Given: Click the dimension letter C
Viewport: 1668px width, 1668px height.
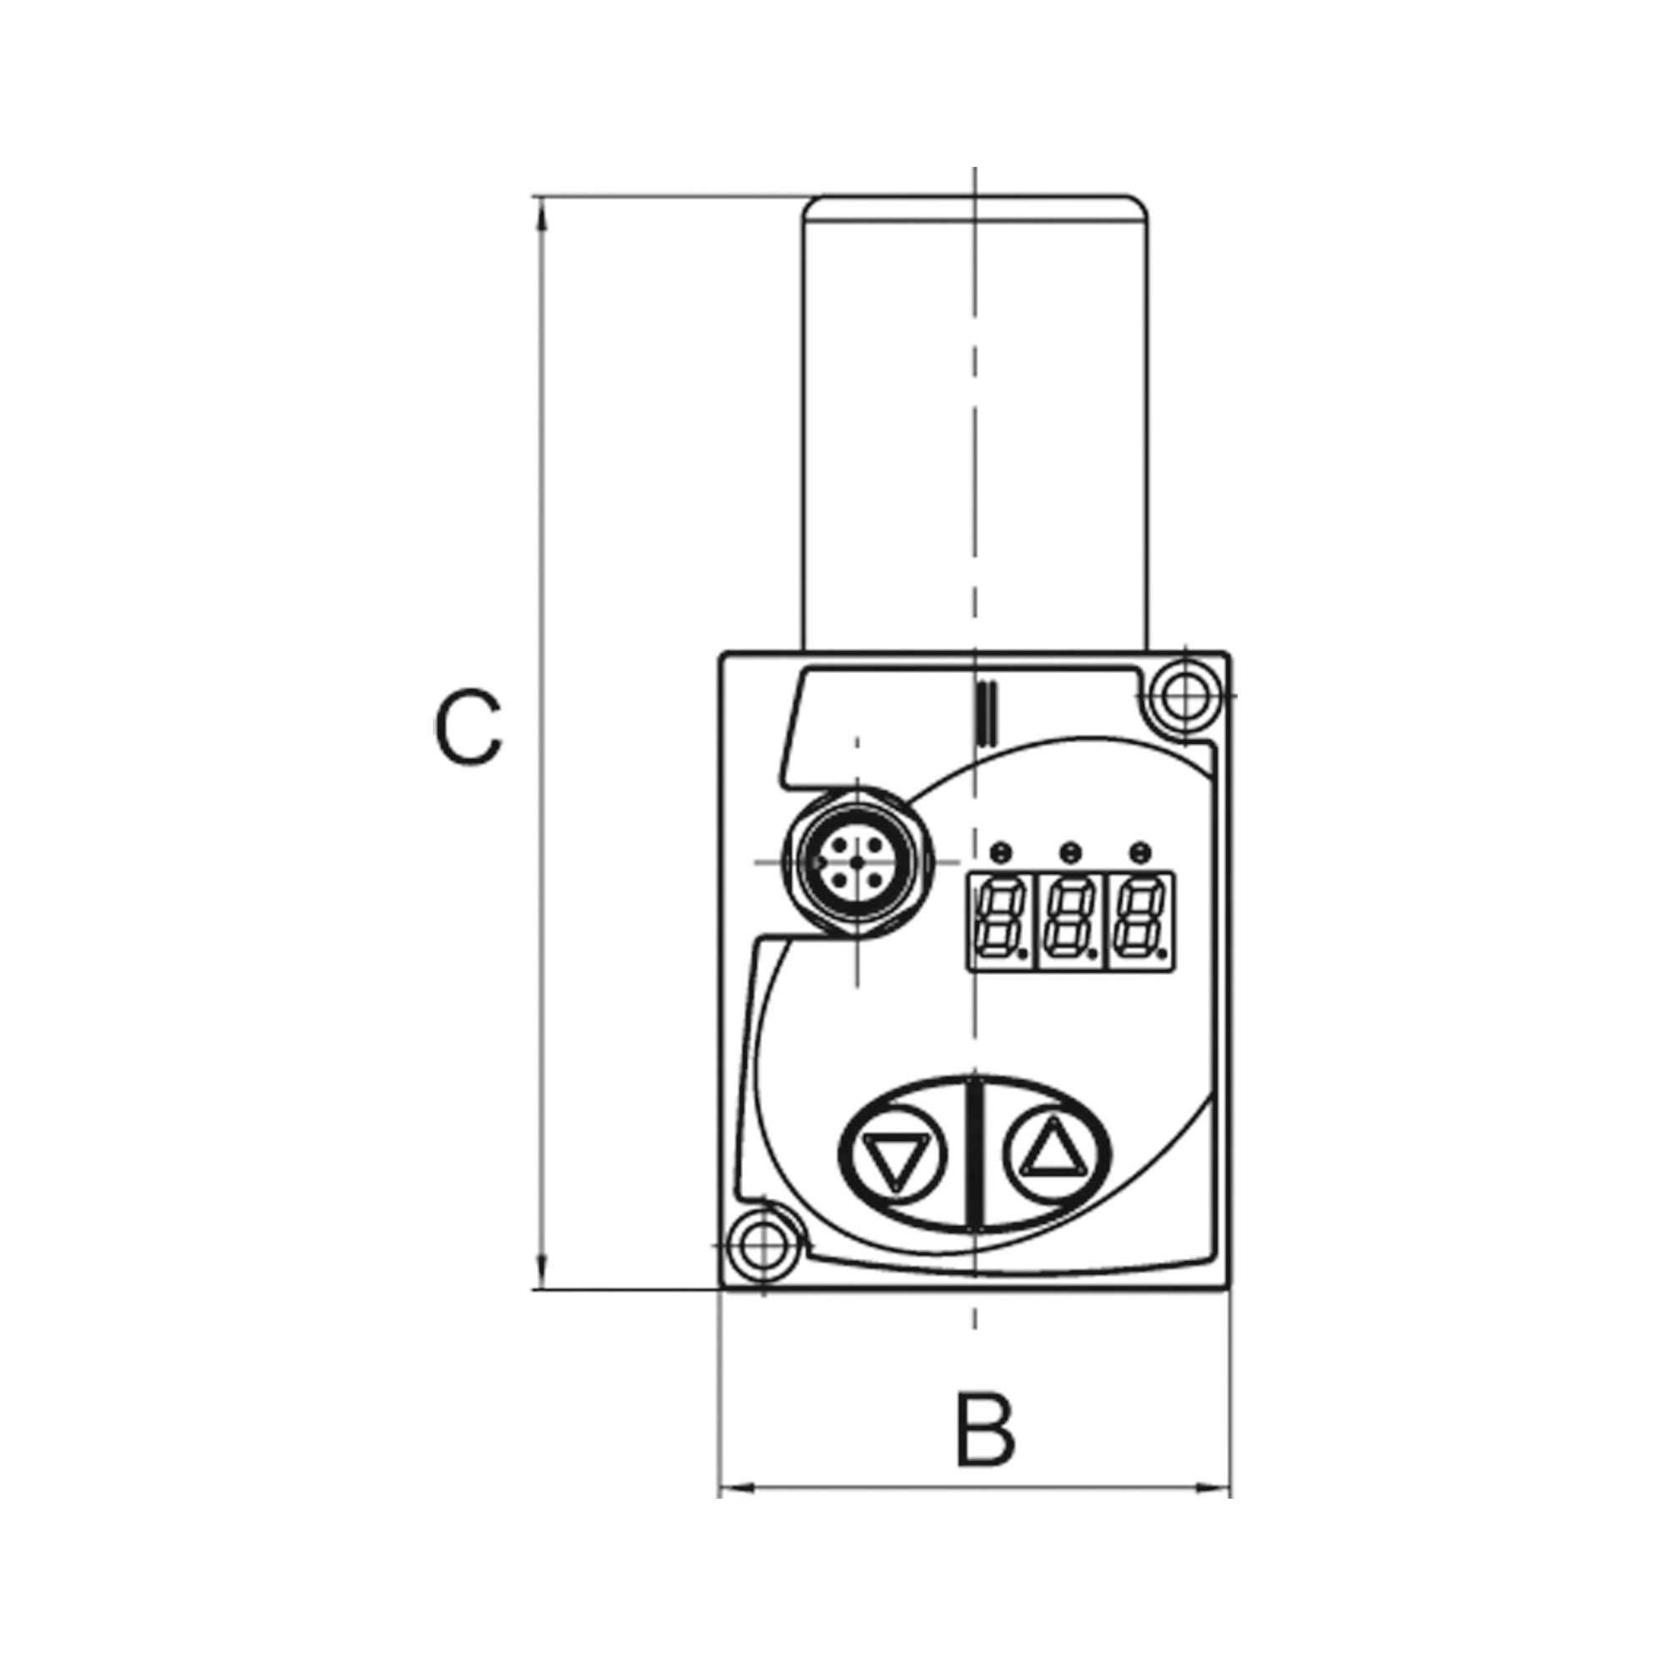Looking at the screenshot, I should point(467,726).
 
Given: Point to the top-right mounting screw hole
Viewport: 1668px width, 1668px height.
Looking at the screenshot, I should point(1185,694).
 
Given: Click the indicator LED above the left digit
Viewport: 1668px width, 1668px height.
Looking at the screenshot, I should point(1002,852).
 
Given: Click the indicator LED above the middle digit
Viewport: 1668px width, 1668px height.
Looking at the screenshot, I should point(1071,852).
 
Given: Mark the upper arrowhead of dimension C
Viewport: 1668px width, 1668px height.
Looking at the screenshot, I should point(541,213).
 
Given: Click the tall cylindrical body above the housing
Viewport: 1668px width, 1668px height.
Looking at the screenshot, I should point(976,423).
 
